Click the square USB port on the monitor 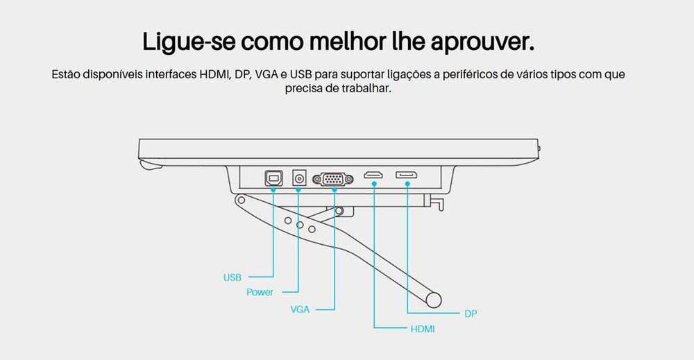273,178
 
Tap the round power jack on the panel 300,178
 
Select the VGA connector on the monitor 334,179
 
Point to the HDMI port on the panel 373,175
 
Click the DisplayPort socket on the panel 406,175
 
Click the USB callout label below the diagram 232,277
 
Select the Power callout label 260,292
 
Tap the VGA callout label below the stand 300,309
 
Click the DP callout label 471,314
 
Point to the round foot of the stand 434,300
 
